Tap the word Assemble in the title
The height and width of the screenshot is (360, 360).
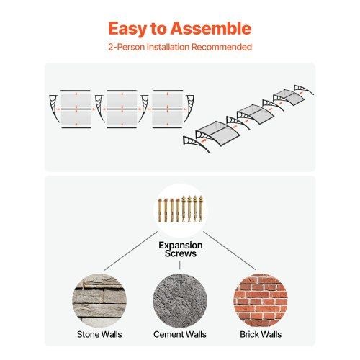(x=211, y=28)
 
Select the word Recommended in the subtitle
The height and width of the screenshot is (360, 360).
(x=222, y=47)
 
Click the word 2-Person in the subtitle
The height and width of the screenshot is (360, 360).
(x=126, y=47)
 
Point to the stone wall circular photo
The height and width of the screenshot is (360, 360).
(x=99, y=301)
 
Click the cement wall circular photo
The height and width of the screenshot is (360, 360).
(x=180, y=301)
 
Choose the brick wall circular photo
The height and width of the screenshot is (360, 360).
(x=261, y=301)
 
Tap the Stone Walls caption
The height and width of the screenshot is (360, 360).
(x=99, y=334)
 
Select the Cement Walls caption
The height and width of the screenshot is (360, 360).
(x=180, y=334)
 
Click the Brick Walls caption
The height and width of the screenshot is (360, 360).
(x=261, y=334)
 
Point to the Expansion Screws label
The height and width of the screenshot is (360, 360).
(x=181, y=249)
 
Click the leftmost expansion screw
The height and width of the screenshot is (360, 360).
(x=160, y=210)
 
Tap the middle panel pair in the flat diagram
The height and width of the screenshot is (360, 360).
(x=122, y=109)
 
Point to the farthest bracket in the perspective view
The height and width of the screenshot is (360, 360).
(x=304, y=89)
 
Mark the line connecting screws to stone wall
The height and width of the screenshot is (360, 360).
(x=131, y=251)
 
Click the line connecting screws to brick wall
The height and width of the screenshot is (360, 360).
(x=230, y=251)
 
